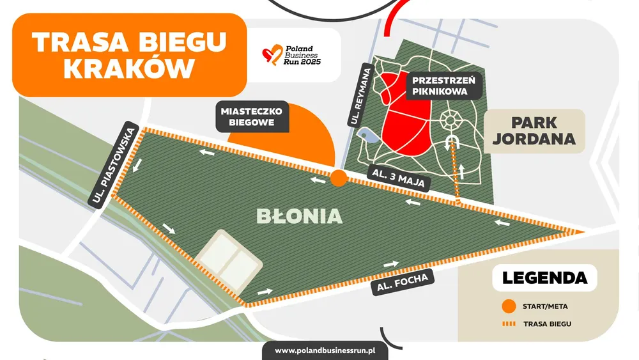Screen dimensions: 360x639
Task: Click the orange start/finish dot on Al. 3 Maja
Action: (x=339, y=178)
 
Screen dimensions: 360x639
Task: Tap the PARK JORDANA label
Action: (x=534, y=130)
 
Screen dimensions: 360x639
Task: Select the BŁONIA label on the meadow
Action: (x=300, y=216)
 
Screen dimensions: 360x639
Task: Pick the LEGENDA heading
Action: (x=544, y=278)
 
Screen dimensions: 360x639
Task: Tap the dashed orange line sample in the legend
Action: (x=509, y=324)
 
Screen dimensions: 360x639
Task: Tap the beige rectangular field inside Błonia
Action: (x=228, y=258)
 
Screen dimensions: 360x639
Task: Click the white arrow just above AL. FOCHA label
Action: (x=391, y=263)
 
